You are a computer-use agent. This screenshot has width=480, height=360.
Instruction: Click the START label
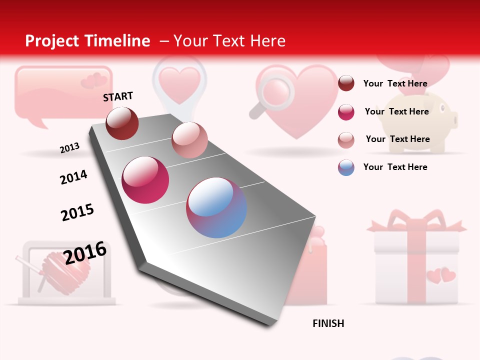coord(118,96)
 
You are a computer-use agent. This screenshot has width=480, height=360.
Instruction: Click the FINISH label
coord(328,323)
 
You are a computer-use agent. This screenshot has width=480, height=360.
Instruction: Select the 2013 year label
coord(69,147)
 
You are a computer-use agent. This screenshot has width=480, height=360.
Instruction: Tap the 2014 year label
coord(73,177)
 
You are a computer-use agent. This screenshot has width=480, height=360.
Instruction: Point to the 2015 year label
coord(77,212)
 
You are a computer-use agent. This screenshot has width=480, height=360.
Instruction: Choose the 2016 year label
coord(85,253)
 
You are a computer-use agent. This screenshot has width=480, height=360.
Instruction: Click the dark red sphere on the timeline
coord(122,123)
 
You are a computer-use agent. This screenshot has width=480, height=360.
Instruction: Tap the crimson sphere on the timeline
coord(145,180)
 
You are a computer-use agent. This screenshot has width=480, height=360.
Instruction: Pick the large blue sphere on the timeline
coord(216,207)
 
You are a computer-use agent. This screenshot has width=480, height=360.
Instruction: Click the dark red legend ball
coord(346,83)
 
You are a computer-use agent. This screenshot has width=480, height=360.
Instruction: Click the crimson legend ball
coord(346,112)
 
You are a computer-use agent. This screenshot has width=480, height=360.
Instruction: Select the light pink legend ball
coord(346,139)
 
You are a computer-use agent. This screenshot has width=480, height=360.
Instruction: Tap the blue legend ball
coord(346,167)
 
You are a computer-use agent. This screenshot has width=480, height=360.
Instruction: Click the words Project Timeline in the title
coord(87,41)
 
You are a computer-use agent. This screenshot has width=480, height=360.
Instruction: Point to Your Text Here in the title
coord(229,41)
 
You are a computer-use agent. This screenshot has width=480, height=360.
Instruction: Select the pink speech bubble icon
coord(62,92)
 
